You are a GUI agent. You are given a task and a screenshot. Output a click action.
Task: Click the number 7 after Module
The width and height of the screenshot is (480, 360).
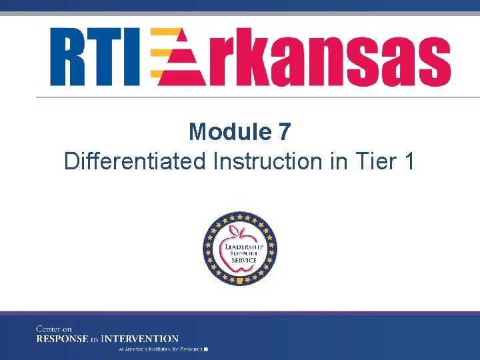click(285, 132)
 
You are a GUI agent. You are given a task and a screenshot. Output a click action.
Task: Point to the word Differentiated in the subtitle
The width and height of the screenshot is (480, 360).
click(135, 161)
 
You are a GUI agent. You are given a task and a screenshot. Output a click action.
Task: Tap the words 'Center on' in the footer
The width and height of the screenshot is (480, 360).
click(54, 329)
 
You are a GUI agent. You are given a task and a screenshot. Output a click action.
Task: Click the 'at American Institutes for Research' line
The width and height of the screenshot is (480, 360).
click(160, 349)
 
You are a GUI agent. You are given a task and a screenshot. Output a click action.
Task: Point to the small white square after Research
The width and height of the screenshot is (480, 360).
click(207, 349)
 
